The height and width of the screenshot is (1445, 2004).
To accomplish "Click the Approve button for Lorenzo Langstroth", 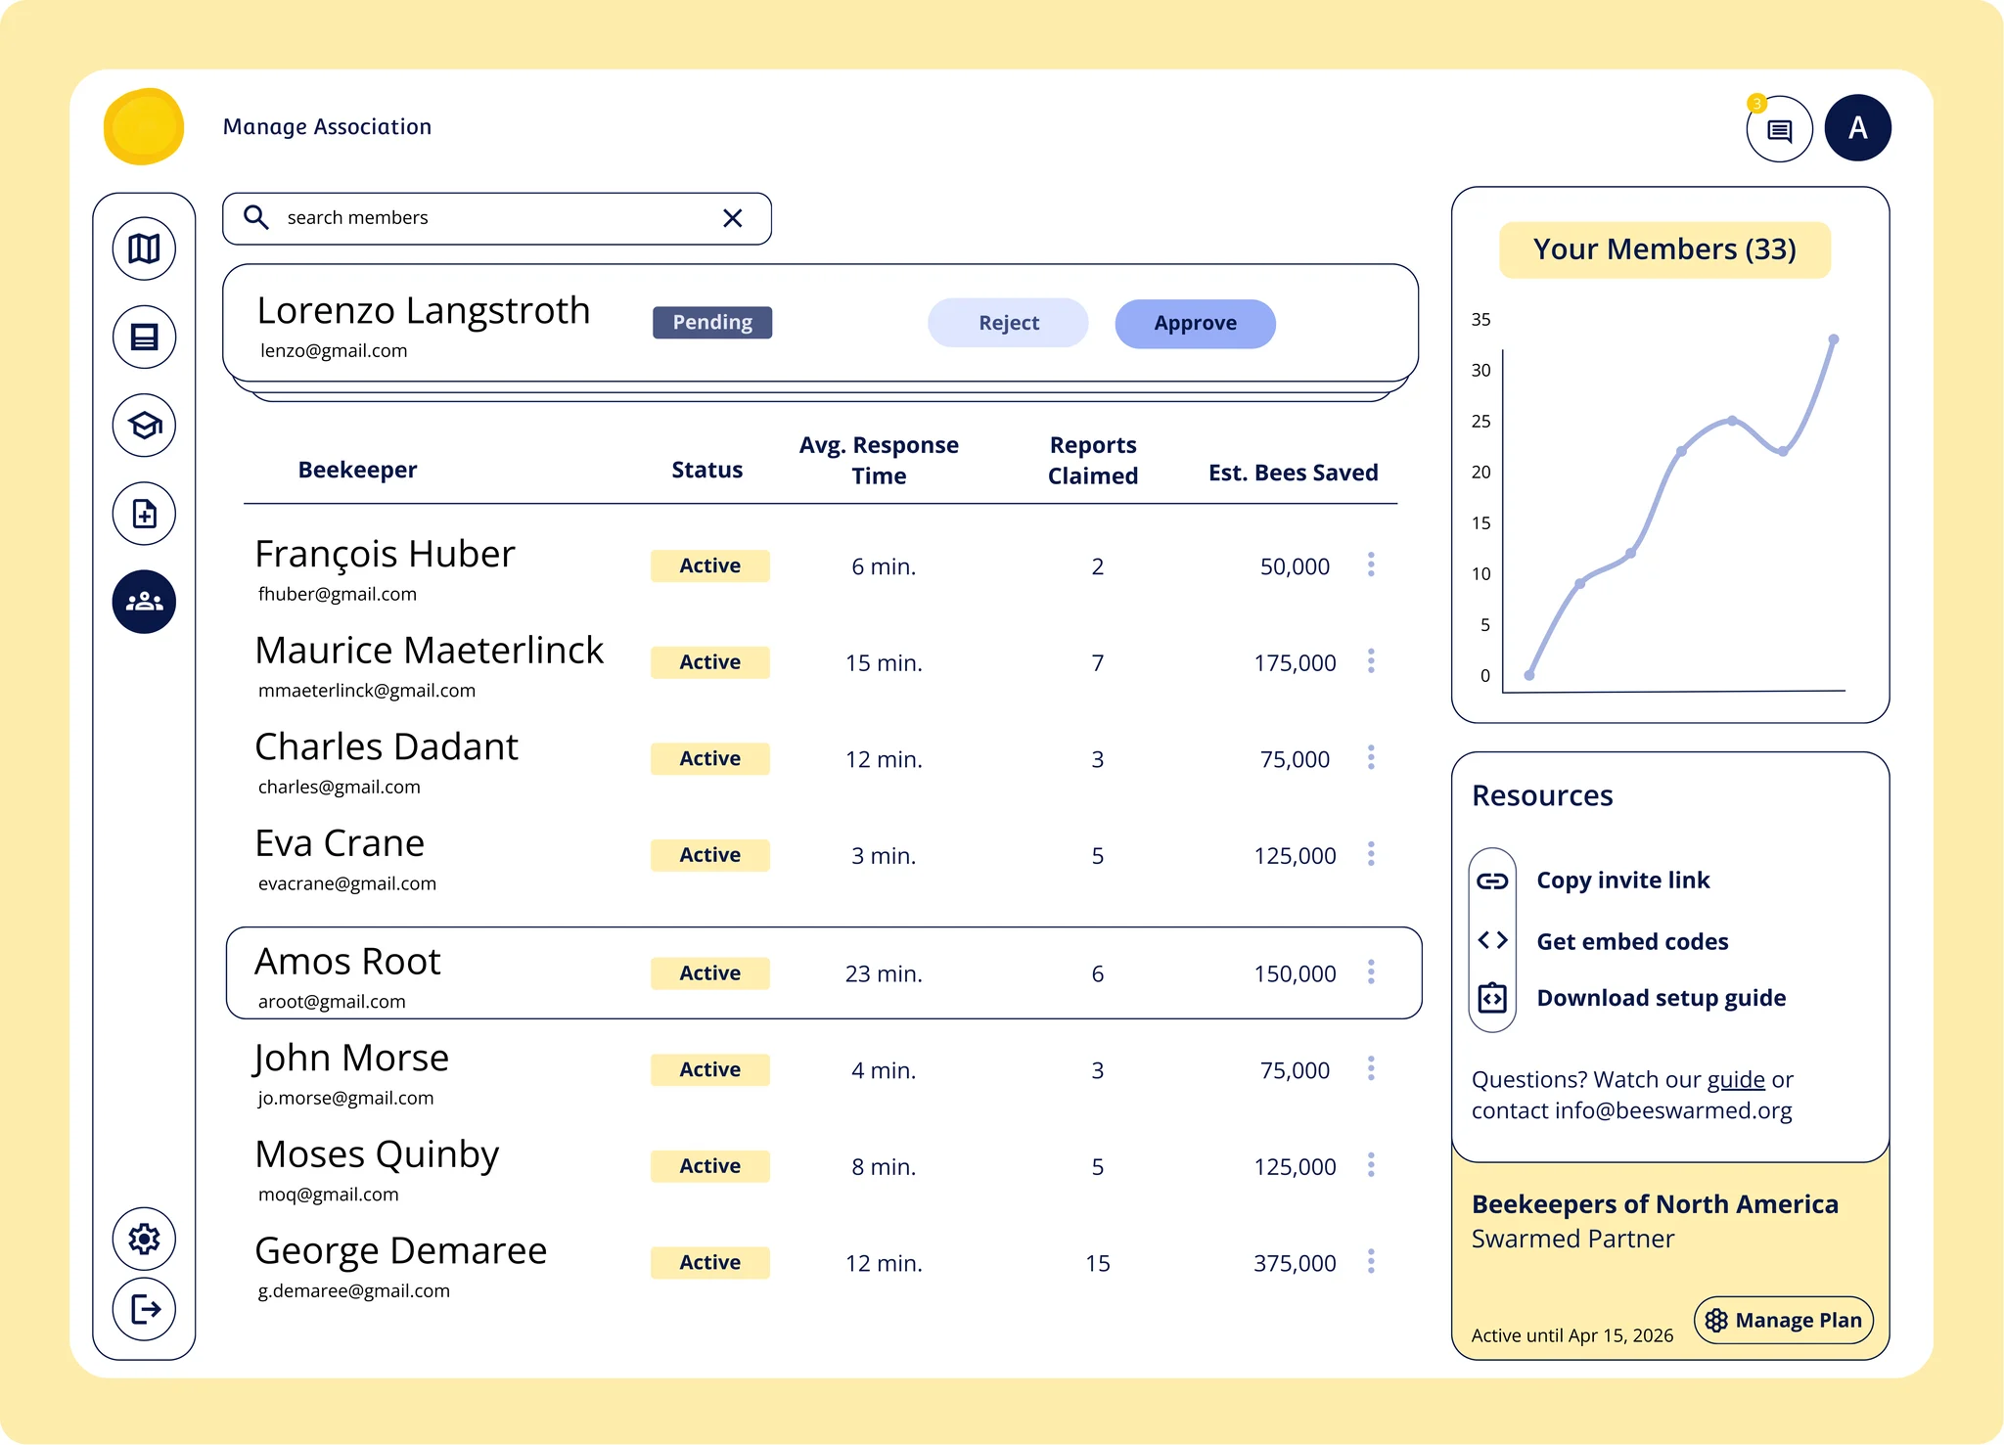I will [x=1195, y=324].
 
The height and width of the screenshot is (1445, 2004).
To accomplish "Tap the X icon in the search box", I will [x=732, y=218].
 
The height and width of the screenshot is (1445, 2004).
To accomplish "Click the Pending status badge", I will [x=712, y=323].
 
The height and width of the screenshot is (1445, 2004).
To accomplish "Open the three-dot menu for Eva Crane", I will [x=1371, y=854].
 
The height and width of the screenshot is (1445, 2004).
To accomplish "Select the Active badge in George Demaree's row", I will [x=709, y=1262].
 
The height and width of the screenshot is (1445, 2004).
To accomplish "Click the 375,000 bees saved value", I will [x=1295, y=1263].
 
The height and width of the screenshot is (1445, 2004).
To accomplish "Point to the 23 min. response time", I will [x=884, y=973].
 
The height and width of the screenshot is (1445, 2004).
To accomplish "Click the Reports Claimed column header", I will [x=1093, y=460].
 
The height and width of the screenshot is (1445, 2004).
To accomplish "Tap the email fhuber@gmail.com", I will [x=338, y=594].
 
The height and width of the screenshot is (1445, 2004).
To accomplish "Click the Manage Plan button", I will [x=1783, y=1320].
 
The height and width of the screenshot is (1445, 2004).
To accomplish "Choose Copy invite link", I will [x=1622, y=881].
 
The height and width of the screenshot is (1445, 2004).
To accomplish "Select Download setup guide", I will [x=1661, y=998].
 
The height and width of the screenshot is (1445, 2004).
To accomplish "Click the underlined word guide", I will [x=1736, y=1079].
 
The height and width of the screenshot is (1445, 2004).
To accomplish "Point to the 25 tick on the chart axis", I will [x=1480, y=422].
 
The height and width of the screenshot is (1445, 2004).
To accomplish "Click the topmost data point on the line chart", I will [x=1834, y=339].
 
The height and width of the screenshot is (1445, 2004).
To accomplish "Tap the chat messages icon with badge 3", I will [x=1779, y=129].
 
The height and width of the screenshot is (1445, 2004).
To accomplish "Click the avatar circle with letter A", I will [x=1857, y=128].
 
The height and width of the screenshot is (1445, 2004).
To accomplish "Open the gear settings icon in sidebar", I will [x=144, y=1239].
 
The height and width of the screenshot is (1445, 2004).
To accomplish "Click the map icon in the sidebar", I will [x=144, y=248].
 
